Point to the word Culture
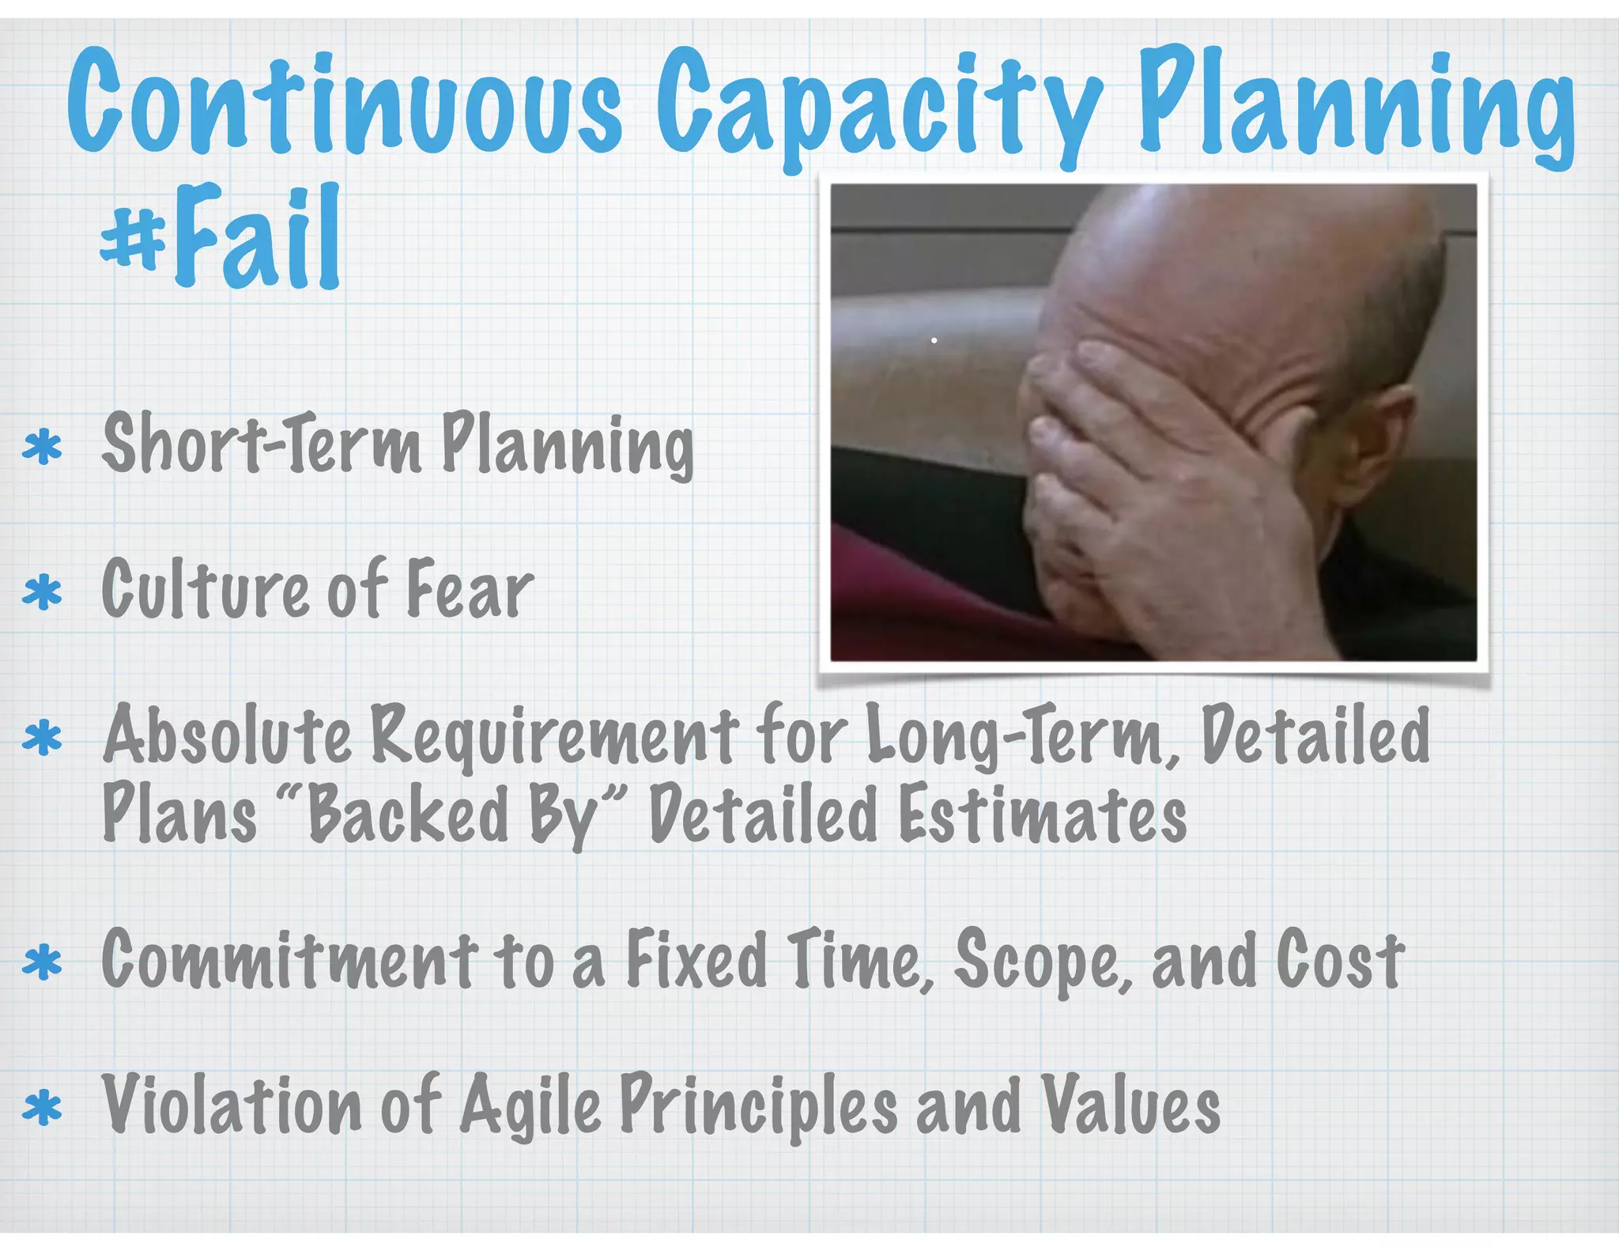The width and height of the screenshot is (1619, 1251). (206, 588)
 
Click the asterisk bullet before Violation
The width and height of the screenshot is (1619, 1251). (43, 1109)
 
